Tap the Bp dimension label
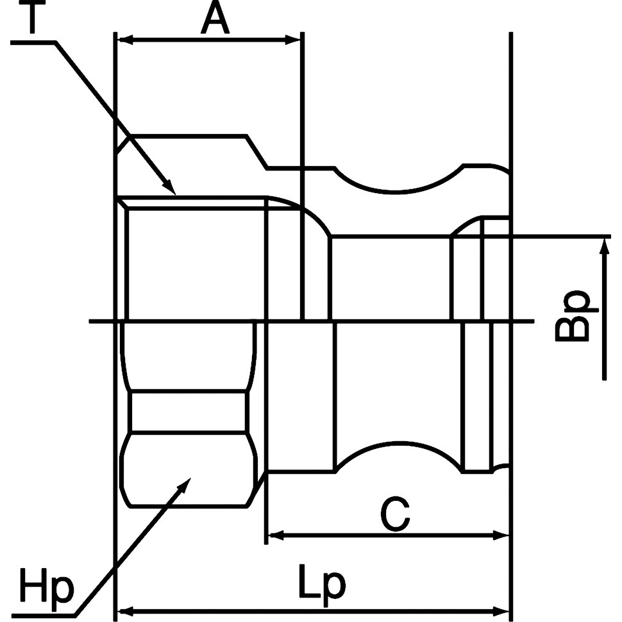click(571, 315)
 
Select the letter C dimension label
click(395, 515)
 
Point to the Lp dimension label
click(322, 582)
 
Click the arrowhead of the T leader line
click(170, 187)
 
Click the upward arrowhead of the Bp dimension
click(604, 246)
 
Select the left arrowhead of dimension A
click(125, 40)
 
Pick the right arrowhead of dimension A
click(293, 40)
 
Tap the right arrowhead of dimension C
click(501, 535)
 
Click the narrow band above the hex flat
click(189, 412)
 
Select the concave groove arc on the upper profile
click(399, 181)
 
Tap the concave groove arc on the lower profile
click(399, 456)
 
